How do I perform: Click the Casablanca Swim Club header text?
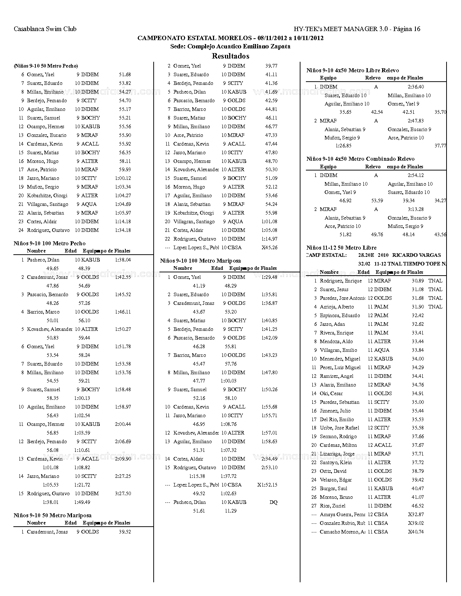coord(45,29)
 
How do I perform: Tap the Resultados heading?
coord(230,56)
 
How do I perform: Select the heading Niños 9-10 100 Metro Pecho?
coord(50,243)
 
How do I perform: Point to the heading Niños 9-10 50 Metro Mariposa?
coord(52,515)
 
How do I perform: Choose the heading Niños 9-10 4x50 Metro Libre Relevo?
coord(353,70)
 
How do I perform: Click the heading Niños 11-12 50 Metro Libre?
coord(341,248)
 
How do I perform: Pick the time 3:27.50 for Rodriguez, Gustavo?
coord(123,493)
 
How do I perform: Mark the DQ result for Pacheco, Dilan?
coord(273,502)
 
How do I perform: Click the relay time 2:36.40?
coord(415,87)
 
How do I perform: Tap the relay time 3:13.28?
coord(415,209)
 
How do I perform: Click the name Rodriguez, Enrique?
coord(341,281)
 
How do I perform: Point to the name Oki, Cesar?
coord(331,393)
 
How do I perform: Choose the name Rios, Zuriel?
coord(333,506)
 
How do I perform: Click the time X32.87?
coord(416,514)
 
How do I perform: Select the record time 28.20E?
coord(366,255)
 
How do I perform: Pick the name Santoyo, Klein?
coord(336,462)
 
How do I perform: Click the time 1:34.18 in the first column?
coord(123,230)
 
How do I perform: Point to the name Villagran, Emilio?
coord(338,350)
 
